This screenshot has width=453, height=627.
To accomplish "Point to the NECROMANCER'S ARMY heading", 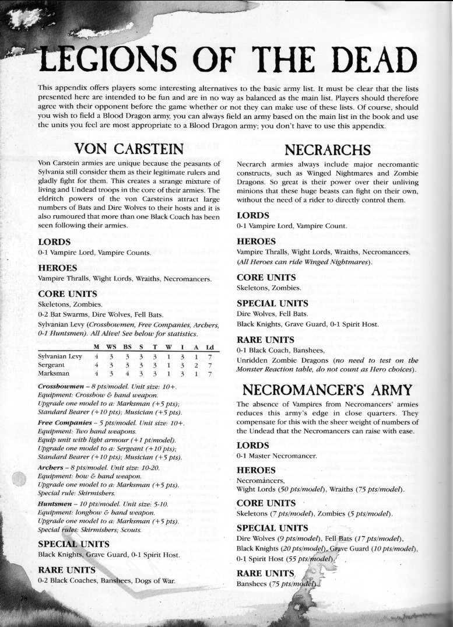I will (x=328, y=390).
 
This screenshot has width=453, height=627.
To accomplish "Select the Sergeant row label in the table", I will (x=51, y=365).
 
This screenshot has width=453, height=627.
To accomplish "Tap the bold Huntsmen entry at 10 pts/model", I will (x=54, y=503).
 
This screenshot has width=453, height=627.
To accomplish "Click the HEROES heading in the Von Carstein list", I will (x=58, y=268).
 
